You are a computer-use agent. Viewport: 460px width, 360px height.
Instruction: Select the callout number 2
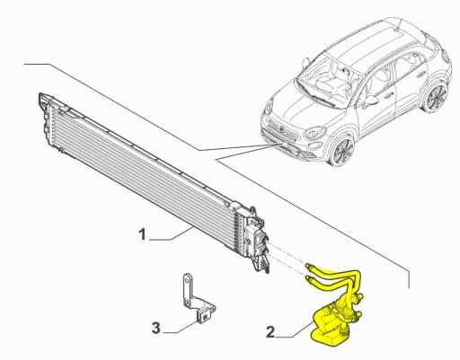[x=270, y=331]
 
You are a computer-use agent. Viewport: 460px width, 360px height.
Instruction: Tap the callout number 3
[x=155, y=326]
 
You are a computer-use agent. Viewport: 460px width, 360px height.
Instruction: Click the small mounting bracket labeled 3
[x=192, y=301]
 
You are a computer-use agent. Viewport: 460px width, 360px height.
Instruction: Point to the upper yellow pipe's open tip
[x=308, y=267]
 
